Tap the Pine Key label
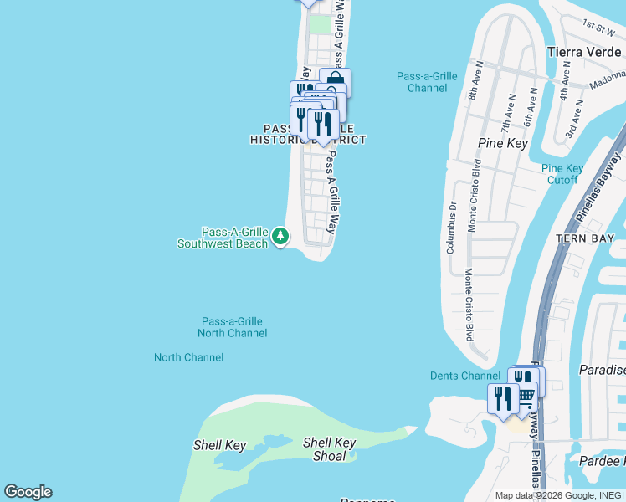pyautogui.click(x=501, y=143)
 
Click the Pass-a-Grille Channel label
pyautogui.click(x=427, y=82)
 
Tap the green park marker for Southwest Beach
pyautogui.click(x=280, y=238)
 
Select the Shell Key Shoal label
pyautogui.click(x=330, y=449)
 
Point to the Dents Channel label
pyautogui.click(x=464, y=376)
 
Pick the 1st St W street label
pyautogui.click(x=599, y=25)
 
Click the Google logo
pyautogui.click(x=28, y=492)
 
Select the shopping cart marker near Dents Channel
pyautogui.click(x=526, y=394)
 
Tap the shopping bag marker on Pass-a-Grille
pyautogui.click(x=335, y=82)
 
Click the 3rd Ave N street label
pyautogui.click(x=571, y=122)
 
